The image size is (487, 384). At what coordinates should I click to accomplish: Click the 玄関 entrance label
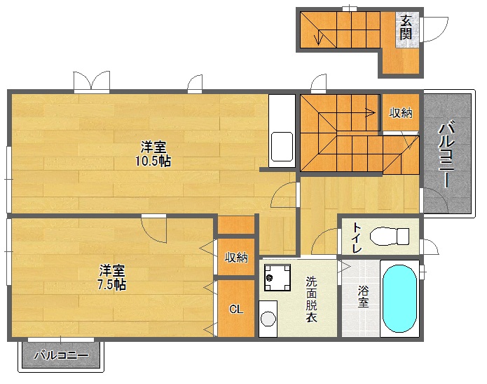point(406,28)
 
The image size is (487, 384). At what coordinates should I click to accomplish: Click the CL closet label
point(236,309)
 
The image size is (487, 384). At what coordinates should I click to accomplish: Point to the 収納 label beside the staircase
point(401,112)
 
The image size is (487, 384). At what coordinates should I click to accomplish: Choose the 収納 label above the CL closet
point(236,257)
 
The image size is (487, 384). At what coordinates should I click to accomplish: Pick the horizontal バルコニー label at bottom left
point(61,356)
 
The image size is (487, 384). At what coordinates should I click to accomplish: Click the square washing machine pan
point(277,279)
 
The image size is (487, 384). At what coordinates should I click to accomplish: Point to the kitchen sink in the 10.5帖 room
point(282,147)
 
